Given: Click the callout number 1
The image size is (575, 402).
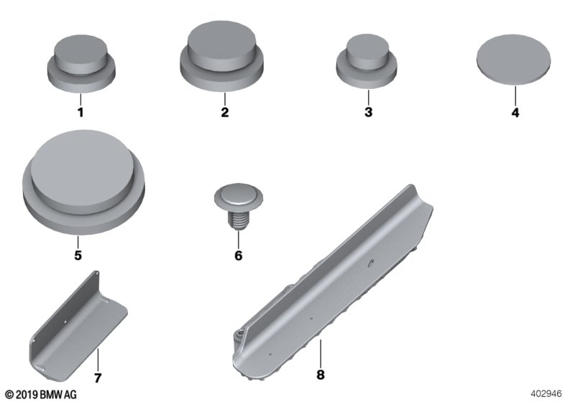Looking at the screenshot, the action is (x=80, y=112).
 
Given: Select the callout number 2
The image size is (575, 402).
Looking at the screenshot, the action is (x=225, y=112).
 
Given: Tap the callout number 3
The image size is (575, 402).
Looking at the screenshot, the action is (x=369, y=112).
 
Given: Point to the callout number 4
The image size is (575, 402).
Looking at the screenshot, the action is (x=515, y=113).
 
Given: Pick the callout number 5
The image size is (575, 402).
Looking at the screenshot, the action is (x=78, y=255).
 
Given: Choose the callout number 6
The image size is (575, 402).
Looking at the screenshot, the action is (x=239, y=255).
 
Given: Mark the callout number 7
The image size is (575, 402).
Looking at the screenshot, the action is (x=98, y=378).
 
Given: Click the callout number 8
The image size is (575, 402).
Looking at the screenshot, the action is (x=321, y=375).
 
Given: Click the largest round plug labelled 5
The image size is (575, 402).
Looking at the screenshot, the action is (x=83, y=182).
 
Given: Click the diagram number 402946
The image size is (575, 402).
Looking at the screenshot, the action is (x=546, y=393).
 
